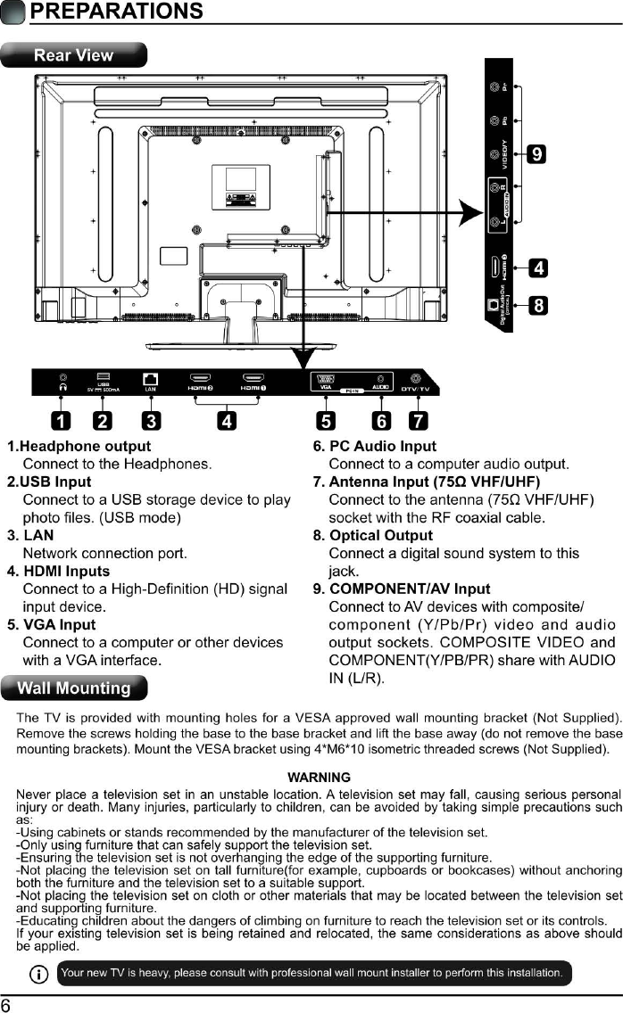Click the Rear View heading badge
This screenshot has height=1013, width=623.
click(73, 55)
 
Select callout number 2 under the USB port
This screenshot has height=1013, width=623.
click(104, 420)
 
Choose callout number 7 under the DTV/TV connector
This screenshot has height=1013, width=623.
click(417, 420)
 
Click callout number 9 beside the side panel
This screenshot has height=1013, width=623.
click(536, 153)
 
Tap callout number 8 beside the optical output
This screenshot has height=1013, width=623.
click(539, 306)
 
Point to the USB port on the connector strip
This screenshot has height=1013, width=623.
click(104, 377)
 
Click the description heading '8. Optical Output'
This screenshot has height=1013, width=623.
click(373, 535)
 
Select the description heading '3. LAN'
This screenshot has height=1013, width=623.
click(30, 535)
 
